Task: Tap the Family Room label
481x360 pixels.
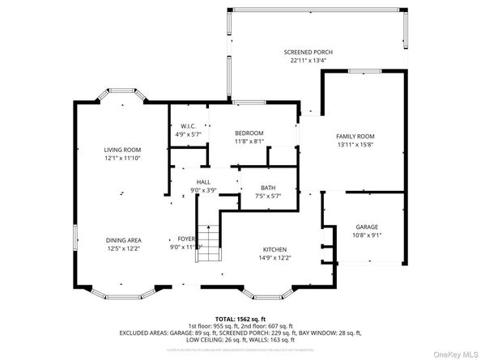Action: click(x=355, y=136)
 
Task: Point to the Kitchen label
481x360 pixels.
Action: click(x=275, y=249)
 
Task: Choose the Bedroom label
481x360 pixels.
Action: click(x=249, y=133)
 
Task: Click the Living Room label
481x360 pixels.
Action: click(x=122, y=150)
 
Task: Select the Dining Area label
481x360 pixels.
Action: click(x=122, y=240)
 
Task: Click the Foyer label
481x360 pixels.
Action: click(x=187, y=239)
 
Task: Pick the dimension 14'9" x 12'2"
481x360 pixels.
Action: click(x=275, y=257)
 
